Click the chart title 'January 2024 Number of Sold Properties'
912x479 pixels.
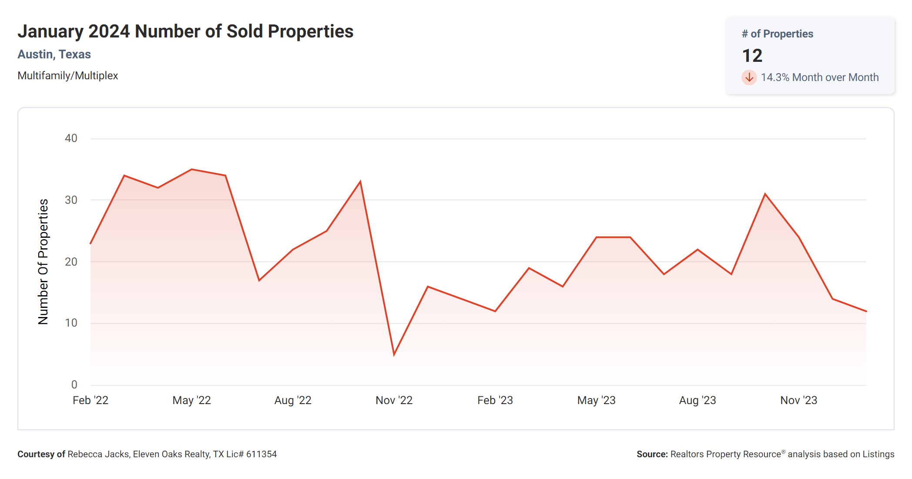pyautogui.click(x=185, y=31)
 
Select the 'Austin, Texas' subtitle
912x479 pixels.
pyautogui.click(x=54, y=54)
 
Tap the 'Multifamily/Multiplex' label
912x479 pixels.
pyautogui.click(x=67, y=76)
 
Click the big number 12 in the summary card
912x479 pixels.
pyautogui.click(x=752, y=56)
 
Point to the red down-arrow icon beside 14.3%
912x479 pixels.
pyautogui.click(x=749, y=78)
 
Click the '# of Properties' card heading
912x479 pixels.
pyautogui.click(x=777, y=34)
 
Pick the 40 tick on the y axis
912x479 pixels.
pyautogui.click(x=71, y=138)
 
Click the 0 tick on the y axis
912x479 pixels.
pyautogui.click(x=74, y=385)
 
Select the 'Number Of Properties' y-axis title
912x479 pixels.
pyautogui.click(x=43, y=261)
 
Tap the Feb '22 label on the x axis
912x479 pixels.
pyautogui.click(x=91, y=400)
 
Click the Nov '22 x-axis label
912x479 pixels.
pyautogui.click(x=394, y=400)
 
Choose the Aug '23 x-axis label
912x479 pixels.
pyautogui.click(x=697, y=400)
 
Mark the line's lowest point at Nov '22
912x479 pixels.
pyautogui.click(x=394, y=354)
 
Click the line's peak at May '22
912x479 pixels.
pyautogui.click(x=191, y=169)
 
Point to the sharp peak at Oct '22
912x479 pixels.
pyautogui.click(x=360, y=182)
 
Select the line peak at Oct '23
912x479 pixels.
pyautogui.click(x=765, y=194)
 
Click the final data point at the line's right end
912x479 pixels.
pyautogui.click(x=866, y=311)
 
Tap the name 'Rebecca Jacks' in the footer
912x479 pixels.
pyautogui.click(x=98, y=454)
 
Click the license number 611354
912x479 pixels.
pyautogui.click(x=262, y=454)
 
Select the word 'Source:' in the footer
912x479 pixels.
pyautogui.click(x=652, y=454)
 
